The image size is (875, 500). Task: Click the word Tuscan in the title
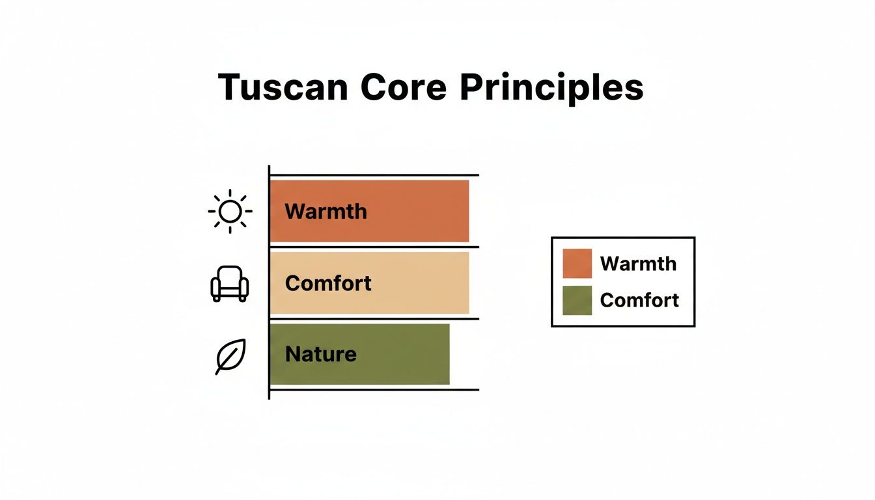coord(283,87)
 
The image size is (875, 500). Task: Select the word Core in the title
coord(403,87)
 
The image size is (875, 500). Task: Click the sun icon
coord(230,212)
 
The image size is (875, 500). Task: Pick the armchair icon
coord(230,284)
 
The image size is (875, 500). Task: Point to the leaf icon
coord(230,357)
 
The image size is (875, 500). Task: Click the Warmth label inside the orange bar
coord(326,212)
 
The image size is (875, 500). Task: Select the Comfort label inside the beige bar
coord(328,283)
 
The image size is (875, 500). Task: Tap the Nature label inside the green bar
coord(321,354)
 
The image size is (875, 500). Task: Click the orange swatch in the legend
coord(577,263)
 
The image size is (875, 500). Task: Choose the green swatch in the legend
coord(577,300)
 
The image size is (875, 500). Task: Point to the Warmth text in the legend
coord(638,264)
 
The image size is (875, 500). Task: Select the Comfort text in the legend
coord(639,300)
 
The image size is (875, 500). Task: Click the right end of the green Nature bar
coord(449,354)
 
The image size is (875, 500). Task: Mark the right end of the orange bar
coord(469,212)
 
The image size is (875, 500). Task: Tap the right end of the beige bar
coord(469,283)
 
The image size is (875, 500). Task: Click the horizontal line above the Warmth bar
coord(374,175)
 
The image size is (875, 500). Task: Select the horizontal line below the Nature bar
coord(374,389)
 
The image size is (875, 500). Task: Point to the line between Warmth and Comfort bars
coord(374,247)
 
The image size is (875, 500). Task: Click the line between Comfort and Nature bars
coord(374,319)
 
